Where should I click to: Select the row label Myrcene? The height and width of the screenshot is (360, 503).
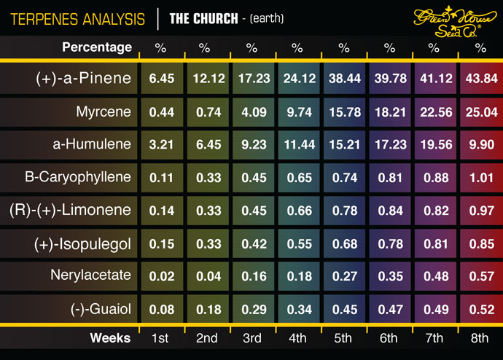click(104, 112)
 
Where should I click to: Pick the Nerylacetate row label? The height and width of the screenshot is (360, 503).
click(90, 275)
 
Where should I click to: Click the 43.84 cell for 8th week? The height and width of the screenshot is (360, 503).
click(480, 79)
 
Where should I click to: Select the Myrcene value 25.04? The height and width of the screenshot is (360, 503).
click(480, 112)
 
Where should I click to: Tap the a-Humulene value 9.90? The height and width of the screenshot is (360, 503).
click(480, 145)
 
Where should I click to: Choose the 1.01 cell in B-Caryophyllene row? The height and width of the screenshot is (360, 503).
click(480, 178)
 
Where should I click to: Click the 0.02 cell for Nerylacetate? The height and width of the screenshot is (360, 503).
click(160, 276)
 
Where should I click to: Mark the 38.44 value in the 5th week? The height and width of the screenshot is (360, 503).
click(343, 79)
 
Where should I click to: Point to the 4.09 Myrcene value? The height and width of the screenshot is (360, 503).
click(251, 112)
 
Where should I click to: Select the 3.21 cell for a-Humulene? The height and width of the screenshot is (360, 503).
click(160, 145)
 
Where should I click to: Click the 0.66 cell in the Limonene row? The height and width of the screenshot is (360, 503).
click(297, 211)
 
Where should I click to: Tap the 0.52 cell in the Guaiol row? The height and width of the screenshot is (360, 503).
click(480, 309)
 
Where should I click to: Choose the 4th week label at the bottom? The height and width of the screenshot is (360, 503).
click(297, 338)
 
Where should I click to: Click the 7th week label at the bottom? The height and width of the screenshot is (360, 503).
click(434, 338)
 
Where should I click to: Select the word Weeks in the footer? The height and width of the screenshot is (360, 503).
click(110, 338)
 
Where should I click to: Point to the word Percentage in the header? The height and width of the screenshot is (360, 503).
click(97, 47)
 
